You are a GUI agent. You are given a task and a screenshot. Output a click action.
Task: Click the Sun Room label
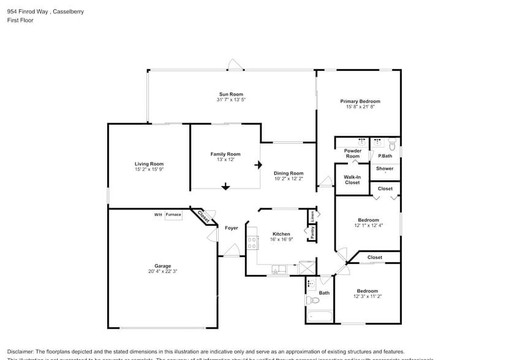tap(231, 94)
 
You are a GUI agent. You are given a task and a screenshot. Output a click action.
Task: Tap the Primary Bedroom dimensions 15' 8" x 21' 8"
tap(360, 107)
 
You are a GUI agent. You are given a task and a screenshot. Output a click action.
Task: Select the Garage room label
tap(162, 266)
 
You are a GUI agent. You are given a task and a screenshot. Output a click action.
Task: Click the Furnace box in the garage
tap(173, 215)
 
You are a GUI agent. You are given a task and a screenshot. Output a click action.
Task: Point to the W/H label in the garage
tap(158, 215)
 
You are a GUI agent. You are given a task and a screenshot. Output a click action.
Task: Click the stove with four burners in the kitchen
tap(251, 242)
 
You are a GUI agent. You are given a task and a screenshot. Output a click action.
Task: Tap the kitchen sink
tap(279, 269)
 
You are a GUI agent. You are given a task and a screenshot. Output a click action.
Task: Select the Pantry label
tap(312, 232)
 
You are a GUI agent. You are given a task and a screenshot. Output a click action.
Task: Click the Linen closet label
tap(312, 216)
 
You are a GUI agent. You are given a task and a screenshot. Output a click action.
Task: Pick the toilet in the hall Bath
tap(312, 300)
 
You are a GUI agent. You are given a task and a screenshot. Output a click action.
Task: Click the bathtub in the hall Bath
tap(320, 317)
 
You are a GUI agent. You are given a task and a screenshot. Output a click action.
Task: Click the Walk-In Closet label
tap(352, 180)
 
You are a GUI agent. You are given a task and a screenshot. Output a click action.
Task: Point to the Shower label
tap(385, 168)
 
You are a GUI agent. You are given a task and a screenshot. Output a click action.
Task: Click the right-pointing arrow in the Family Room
tap(258, 165)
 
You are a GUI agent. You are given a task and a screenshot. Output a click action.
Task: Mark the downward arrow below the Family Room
tap(225, 187)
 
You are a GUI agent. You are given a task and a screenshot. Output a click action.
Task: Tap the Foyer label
tap(231, 228)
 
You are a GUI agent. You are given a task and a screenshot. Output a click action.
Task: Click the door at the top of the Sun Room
tap(235, 64)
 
